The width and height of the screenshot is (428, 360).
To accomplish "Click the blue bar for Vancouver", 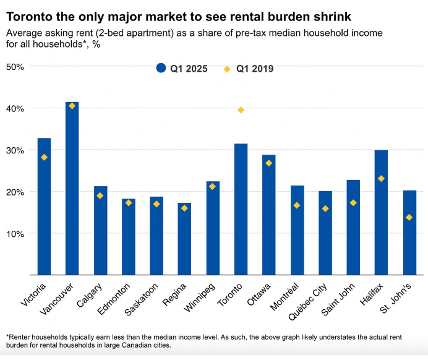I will pyautogui.click(x=72, y=188).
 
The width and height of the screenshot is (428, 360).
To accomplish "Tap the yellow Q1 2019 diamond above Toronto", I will pyautogui.click(x=241, y=110).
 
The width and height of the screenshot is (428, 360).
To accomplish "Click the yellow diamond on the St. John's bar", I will pyautogui.click(x=409, y=217).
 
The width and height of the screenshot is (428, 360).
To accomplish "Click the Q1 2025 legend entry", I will pyautogui.click(x=182, y=69).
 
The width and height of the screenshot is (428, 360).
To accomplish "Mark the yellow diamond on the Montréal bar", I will pyautogui.click(x=297, y=205).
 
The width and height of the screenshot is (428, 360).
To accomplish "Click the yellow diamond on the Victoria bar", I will pyautogui.click(x=44, y=157).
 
